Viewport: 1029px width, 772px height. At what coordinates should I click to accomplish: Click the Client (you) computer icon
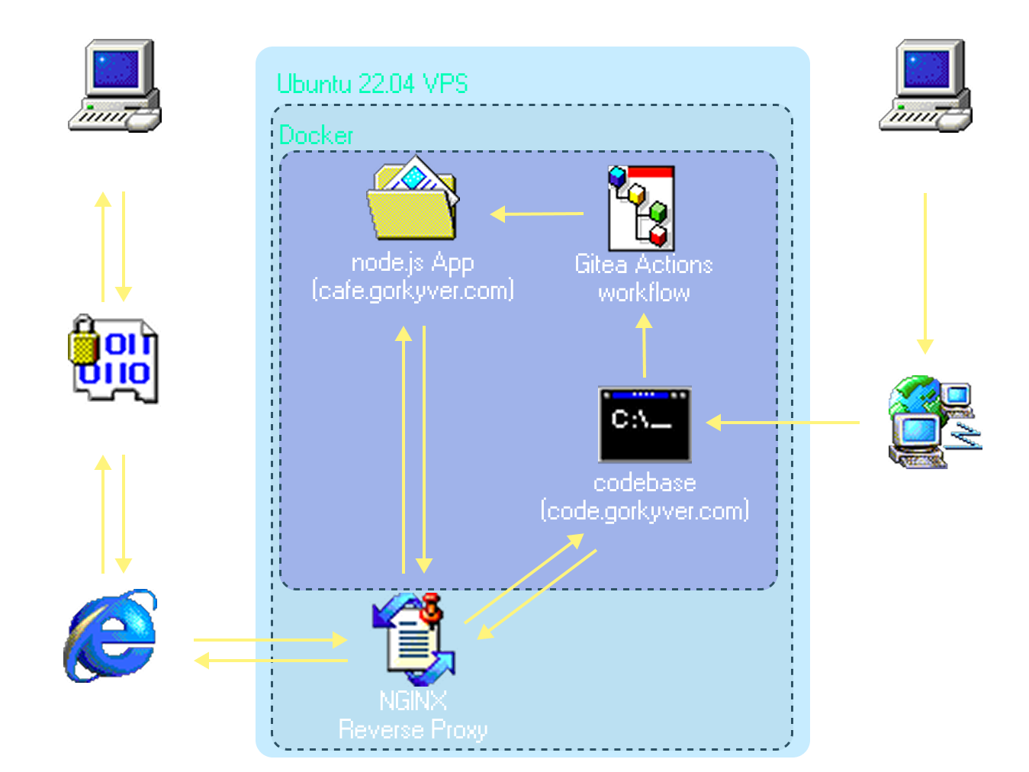point(114,85)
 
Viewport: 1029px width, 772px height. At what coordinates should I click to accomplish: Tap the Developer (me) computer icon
point(924,85)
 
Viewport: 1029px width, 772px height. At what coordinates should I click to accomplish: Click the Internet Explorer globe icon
point(111,635)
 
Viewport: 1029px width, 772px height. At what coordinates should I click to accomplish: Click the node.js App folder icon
point(413,200)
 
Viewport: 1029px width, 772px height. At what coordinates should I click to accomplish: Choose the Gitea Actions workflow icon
point(641,208)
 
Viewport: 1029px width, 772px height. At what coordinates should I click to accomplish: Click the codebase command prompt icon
point(645,424)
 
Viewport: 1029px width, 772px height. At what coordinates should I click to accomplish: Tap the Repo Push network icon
point(932,422)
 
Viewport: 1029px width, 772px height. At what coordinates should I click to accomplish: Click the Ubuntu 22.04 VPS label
point(372,83)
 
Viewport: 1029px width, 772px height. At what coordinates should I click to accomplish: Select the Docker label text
point(316,136)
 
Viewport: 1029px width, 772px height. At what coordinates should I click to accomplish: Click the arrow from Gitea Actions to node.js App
point(537,214)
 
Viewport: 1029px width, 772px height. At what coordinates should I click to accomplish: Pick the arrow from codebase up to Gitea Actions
point(645,346)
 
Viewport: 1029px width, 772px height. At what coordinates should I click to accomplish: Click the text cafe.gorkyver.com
point(413,291)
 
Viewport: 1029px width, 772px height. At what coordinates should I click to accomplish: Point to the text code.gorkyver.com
point(645,510)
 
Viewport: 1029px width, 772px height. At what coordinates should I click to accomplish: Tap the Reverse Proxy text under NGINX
point(413,730)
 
